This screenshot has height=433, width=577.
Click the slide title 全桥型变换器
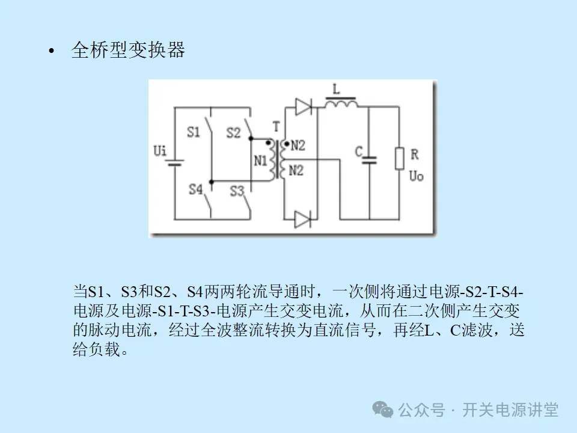[x=128, y=51]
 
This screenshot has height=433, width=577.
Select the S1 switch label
[x=193, y=132]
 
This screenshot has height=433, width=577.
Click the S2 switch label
[x=233, y=132]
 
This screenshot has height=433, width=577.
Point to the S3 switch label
[x=237, y=191]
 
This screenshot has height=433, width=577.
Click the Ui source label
[x=160, y=150]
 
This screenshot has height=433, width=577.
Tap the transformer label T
[x=276, y=126]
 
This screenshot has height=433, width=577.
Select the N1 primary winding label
[x=260, y=161]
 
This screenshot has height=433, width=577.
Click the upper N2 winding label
[x=298, y=145]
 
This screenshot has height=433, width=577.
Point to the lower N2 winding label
[x=296, y=171]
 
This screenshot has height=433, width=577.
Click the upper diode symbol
[x=304, y=108]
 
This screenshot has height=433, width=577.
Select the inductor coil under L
[x=341, y=103]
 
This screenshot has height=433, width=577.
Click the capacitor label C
[x=358, y=153]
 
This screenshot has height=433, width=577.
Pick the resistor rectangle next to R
[x=398, y=158]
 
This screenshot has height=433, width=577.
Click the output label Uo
[x=416, y=176]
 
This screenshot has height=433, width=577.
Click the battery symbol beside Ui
[x=175, y=162]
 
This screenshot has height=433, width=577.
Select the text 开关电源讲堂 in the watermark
[x=510, y=410]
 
